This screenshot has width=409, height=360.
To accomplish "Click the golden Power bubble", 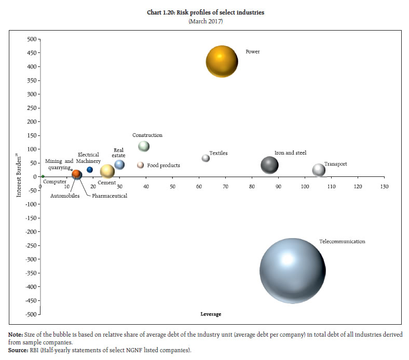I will [x=222, y=61].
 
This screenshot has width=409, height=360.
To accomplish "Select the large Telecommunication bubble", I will [x=292, y=271].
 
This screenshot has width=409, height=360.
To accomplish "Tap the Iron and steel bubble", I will [x=269, y=165].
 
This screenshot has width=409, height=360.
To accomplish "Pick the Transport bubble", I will [x=319, y=170].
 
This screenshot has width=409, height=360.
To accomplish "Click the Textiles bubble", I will [x=206, y=158].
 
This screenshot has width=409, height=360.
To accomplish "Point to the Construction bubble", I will [x=144, y=146].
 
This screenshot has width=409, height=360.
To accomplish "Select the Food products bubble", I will [x=140, y=165].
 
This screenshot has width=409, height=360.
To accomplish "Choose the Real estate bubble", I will [x=119, y=164].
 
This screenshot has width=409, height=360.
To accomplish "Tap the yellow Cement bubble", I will [x=107, y=171].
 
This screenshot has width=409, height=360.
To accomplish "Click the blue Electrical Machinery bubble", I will [x=90, y=170].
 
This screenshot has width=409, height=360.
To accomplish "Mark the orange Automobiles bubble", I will [x=76, y=174].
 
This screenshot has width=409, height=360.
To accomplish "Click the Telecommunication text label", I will [x=342, y=242].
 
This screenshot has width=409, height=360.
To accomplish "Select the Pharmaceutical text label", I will [x=110, y=196].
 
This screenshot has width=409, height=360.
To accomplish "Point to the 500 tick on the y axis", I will [x=32, y=39].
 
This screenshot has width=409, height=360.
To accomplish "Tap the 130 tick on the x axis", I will [x=384, y=186].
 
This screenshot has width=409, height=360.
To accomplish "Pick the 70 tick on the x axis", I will [x=226, y=186].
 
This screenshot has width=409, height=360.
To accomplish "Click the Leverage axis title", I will [x=211, y=314].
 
